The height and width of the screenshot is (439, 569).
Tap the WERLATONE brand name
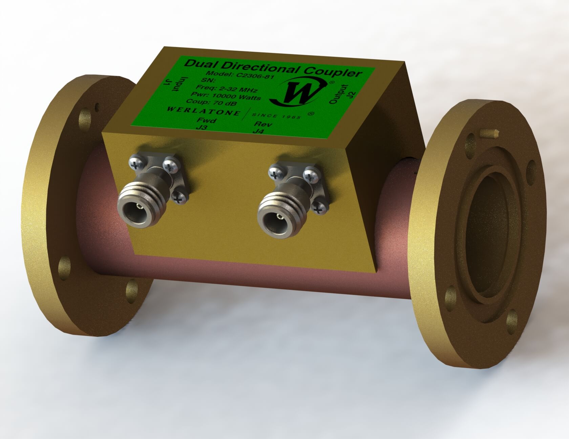click(x=206, y=112)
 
